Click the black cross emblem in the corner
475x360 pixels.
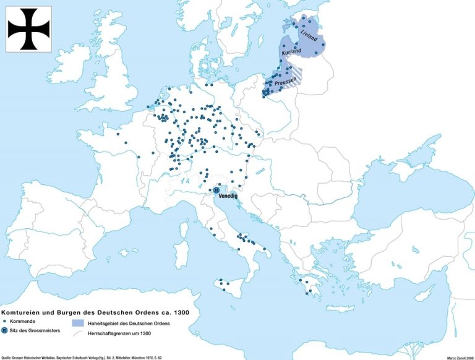point(29,28)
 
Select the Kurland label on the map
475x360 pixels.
point(291,54)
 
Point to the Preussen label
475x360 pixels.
point(280,80)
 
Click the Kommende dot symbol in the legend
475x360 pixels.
point(5,322)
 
